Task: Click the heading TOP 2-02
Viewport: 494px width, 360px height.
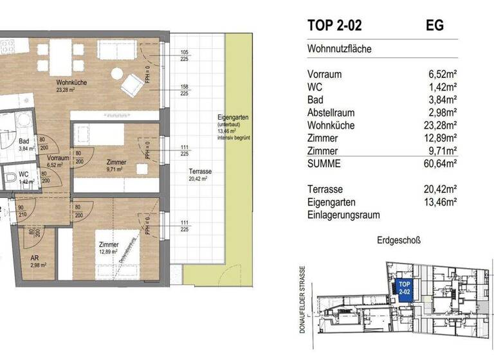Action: click(334, 26)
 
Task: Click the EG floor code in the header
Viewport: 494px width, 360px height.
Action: click(435, 26)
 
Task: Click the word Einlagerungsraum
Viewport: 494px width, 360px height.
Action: click(343, 215)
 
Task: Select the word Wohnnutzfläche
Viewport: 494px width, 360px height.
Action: click(340, 49)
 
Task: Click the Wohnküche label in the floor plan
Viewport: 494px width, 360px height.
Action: click(71, 83)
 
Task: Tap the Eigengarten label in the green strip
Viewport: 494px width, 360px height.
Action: click(233, 117)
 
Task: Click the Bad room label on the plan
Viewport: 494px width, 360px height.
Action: click(24, 141)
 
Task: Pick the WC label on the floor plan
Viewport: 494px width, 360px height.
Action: click(24, 174)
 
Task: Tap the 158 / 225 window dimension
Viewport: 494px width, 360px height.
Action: click(185, 89)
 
